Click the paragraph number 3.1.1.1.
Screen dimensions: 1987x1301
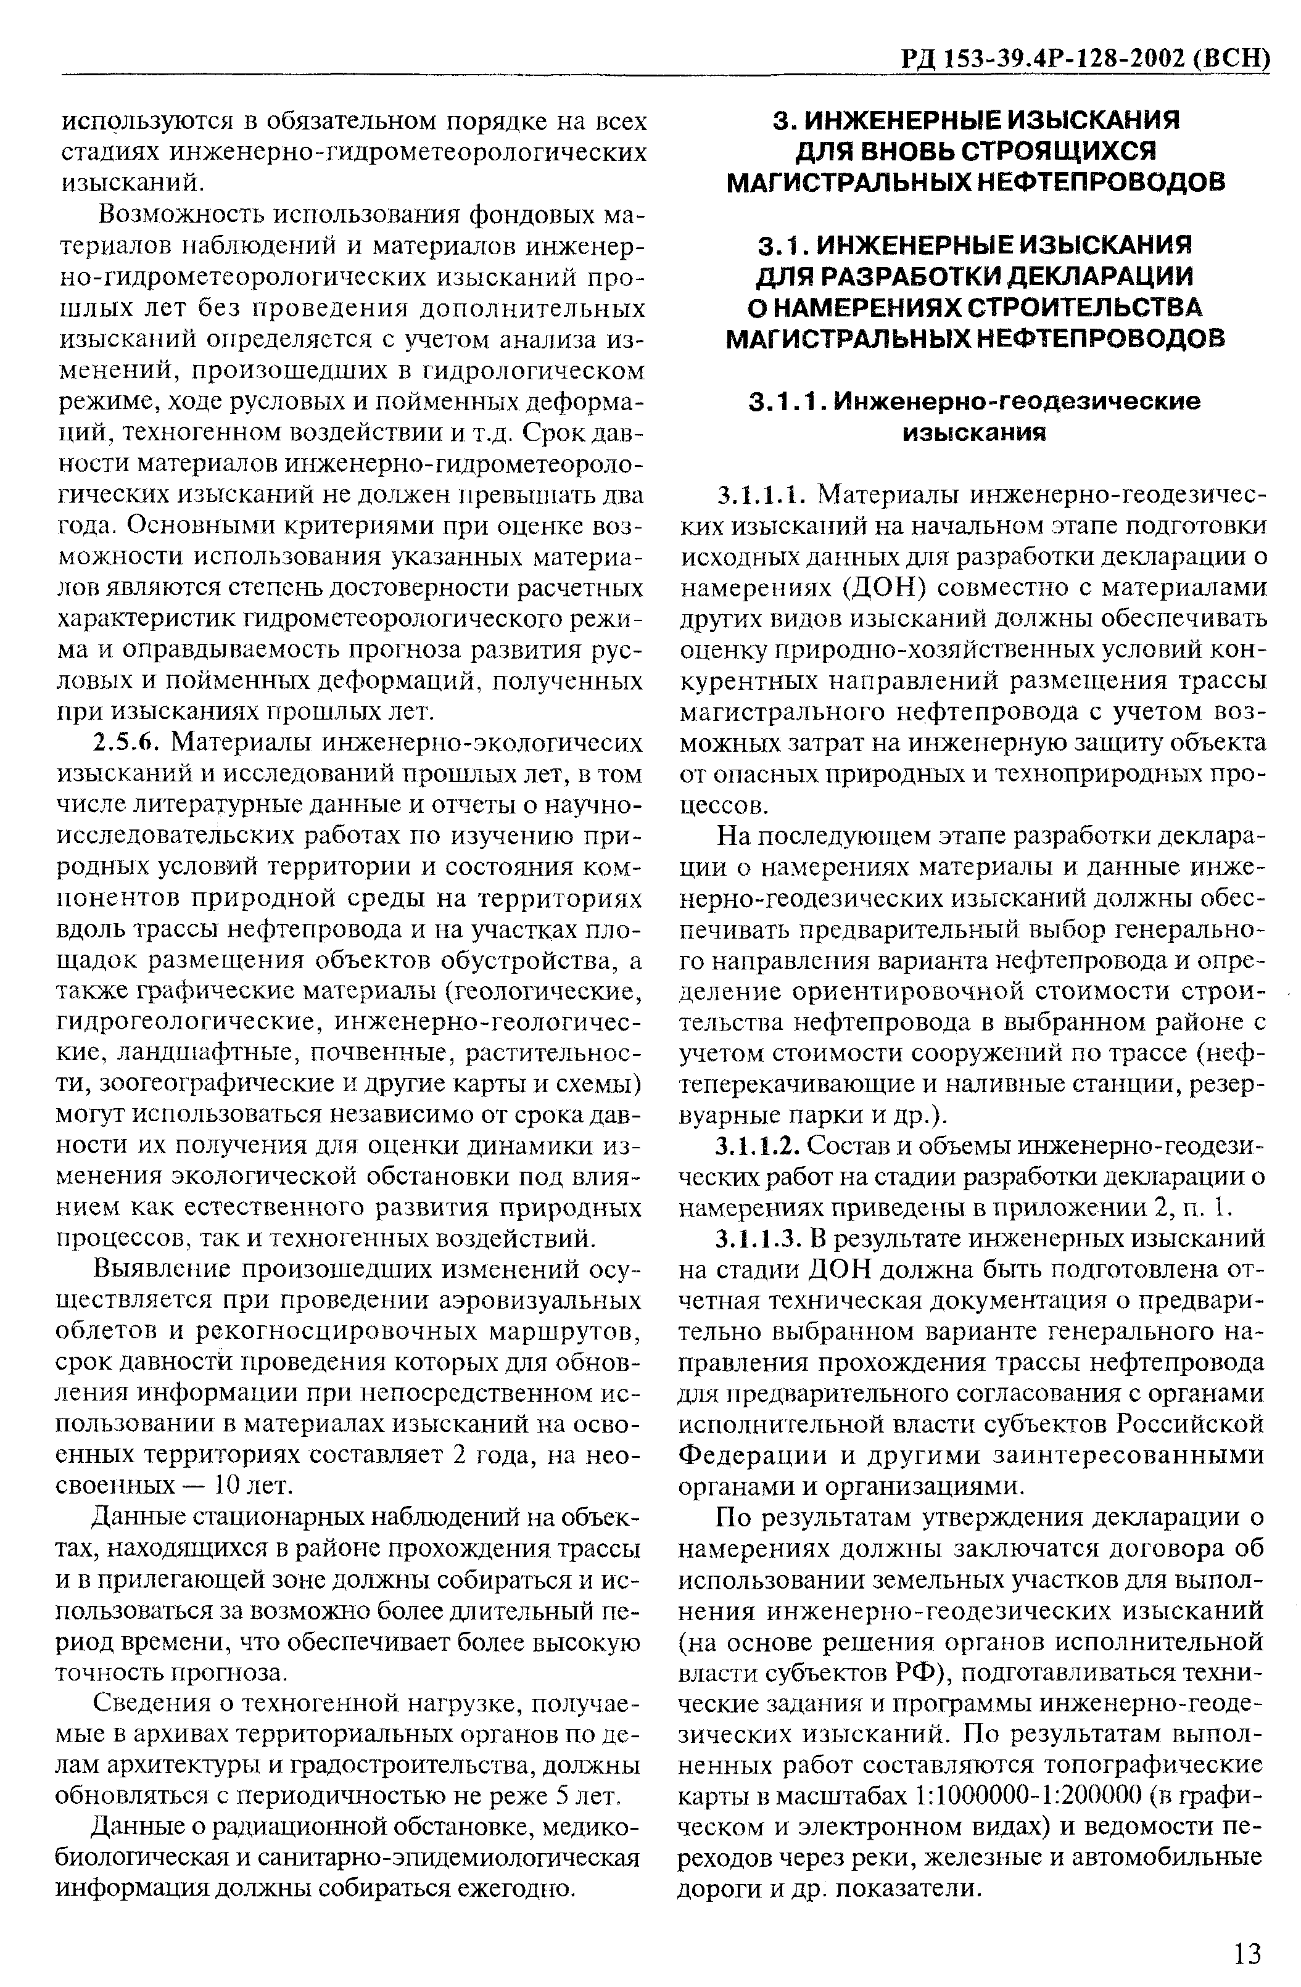tap(765, 496)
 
